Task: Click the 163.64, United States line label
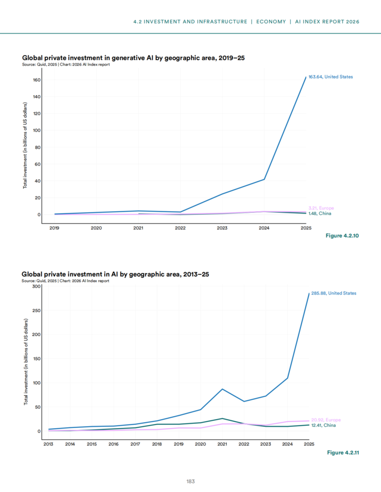330,77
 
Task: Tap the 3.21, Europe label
321,208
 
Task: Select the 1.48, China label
320,213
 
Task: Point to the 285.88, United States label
334,293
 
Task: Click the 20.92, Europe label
326,420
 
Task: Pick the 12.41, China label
323,425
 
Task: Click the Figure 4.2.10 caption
342,236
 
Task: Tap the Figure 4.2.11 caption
343,453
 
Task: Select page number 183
190,481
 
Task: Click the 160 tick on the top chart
37,80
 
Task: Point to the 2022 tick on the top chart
180,228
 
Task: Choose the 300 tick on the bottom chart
36,286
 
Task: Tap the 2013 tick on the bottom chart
48,444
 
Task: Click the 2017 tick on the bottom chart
136,444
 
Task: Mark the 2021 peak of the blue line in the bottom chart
222,389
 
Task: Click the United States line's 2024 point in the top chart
264,179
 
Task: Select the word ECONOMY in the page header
271,22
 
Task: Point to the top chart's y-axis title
25,146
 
